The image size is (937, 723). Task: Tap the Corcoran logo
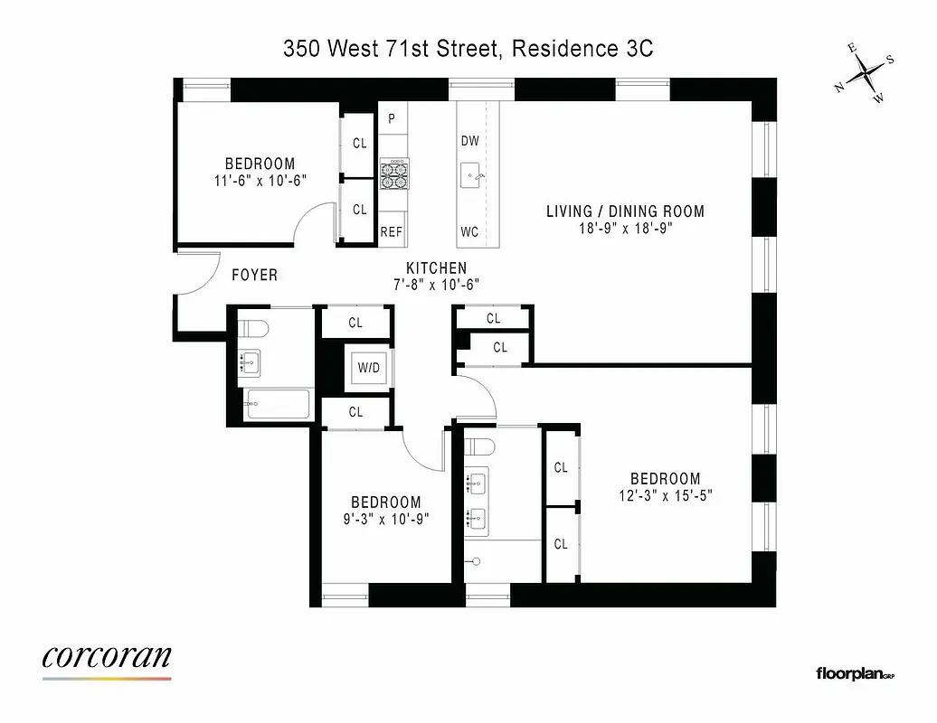pos(106,658)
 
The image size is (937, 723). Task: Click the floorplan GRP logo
pos(854,673)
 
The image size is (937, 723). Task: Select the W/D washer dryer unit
pos(368,368)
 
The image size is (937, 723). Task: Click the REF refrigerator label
pos(391,232)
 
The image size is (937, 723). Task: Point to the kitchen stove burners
pos(393,174)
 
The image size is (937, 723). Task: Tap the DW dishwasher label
pos(469,141)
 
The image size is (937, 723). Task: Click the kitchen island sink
pos(472,175)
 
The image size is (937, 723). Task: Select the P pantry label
pos(392,118)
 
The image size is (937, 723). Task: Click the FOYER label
pos(254,275)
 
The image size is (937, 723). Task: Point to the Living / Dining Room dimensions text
pos(625,229)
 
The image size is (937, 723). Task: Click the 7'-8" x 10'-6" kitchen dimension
pos(436,284)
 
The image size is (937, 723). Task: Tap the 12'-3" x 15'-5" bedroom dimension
pos(665,495)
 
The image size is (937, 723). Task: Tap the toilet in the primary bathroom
pos(479,448)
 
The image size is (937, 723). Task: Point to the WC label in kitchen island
pos(469,232)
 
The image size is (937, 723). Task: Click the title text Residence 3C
pos(582,49)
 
